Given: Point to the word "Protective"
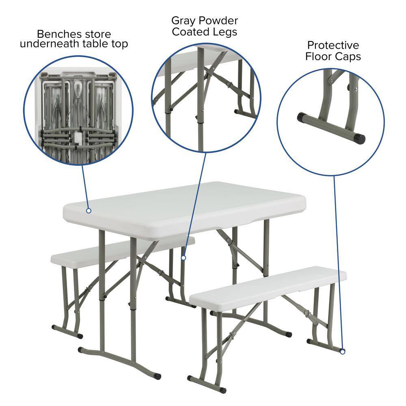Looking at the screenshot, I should click(x=333, y=45).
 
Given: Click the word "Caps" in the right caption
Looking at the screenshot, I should click(x=348, y=56).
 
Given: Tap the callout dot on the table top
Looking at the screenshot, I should click(x=89, y=210).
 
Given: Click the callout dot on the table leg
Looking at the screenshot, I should click(x=184, y=257).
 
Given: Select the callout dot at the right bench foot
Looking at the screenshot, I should click(x=342, y=352).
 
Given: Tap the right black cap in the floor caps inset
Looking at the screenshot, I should click(x=360, y=139).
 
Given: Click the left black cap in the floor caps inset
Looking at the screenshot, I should click(x=302, y=118).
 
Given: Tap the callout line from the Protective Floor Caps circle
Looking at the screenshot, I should click(x=338, y=264).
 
